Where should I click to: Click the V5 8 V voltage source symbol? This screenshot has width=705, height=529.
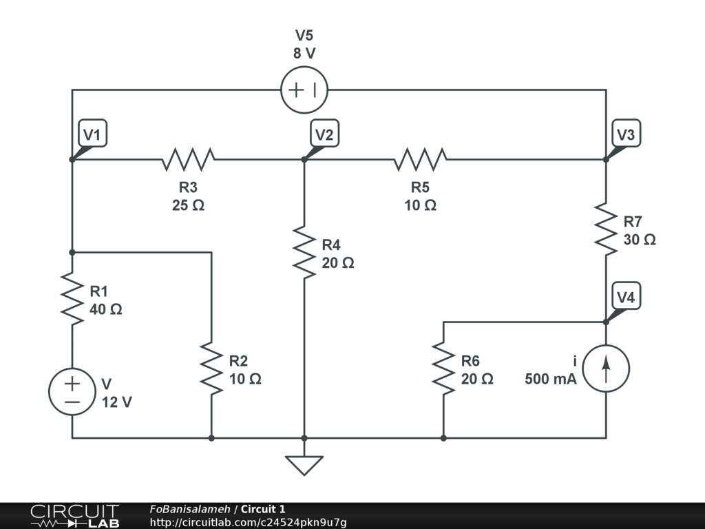pyautogui.click(x=304, y=90)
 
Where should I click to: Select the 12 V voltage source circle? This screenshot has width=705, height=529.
pyautogui.click(x=72, y=391)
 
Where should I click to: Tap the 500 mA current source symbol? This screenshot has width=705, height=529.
pyautogui.click(x=606, y=369)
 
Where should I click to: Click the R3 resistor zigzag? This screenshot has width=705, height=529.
pyautogui.click(x=188, y=159)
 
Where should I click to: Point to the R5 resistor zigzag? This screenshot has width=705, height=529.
pyautogui.click(x=420, y=159)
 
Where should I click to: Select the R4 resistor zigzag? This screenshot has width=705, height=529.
pyautogui.click(x=304, y=253)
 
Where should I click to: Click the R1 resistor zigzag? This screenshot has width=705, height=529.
pyautogui.click(x=72, y=298)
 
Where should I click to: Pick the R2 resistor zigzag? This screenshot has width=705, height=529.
pyautogui.click(x=211, y=369)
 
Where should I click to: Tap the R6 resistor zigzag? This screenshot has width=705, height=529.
pyautogui.click(x=443, y=369)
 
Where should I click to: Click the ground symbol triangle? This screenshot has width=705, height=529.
pyautogui.click(x=304, y=465)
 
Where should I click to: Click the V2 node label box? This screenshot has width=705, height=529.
pyautogui.click(x=324, y=135)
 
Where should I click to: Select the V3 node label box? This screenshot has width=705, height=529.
pyautogui.click(x=626, y=135)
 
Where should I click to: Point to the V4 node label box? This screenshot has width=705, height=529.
pyautogui.click(x=626, y=298)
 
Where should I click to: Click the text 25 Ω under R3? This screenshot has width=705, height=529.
pyautogui.click(x=188, y=205)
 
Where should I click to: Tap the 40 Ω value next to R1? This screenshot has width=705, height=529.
pyautogui.click(x=106, y=309)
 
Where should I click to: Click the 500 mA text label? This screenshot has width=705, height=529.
pyautogui.click(x=550, y=379)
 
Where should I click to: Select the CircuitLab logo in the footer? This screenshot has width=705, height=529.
pyautogui.click(x=74, y=516)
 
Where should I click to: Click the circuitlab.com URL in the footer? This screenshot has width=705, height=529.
pyautogui.click(x=248, y=522)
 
